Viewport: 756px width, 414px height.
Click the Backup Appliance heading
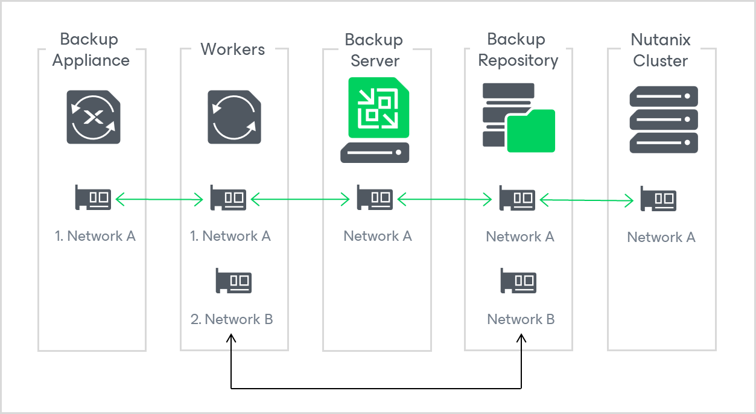coord(91,50)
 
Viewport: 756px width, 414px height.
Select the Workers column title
coord(232,49)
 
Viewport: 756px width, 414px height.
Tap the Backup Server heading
coord(375,50)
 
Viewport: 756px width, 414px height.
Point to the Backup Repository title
coord(518,50)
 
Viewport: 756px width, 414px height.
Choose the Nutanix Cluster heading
coord(660,50)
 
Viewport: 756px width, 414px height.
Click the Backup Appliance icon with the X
coord(93,116)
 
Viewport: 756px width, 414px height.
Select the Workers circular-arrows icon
coord(235,116)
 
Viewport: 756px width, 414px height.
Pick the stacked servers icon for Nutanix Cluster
coord(664,119)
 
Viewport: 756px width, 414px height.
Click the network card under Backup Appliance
coord(93,197)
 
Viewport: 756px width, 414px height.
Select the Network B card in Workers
coord(233,281)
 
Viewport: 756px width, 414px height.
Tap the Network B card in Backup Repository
coord(518,281)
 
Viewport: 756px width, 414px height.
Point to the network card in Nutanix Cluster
coord(658,199)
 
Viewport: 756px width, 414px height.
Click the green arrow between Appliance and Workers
coord(159,199)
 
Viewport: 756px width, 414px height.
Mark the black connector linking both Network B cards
coord(376,388)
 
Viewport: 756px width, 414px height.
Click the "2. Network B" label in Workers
coord(232,319)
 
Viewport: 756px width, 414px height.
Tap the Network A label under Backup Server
coord(378,236)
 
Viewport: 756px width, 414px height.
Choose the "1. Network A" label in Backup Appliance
coord(95,236)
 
